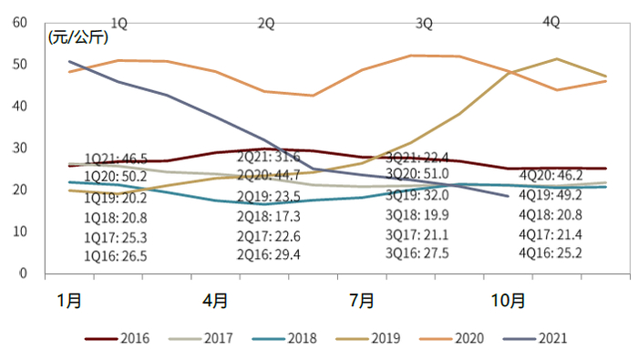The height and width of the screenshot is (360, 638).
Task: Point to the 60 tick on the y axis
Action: (19, 23)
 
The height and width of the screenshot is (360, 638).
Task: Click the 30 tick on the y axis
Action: (19, 148)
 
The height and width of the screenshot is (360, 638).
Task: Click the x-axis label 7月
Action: (362, 299)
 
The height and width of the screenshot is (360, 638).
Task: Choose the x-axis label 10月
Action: (508, 299)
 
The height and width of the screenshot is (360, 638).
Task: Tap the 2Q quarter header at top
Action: (266, 24)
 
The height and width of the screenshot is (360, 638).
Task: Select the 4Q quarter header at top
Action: (551, 22)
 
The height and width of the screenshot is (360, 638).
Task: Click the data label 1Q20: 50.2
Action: (116, 176)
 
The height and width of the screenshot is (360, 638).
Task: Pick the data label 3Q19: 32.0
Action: (417, 194)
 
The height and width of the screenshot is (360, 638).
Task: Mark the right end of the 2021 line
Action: (509, 196)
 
